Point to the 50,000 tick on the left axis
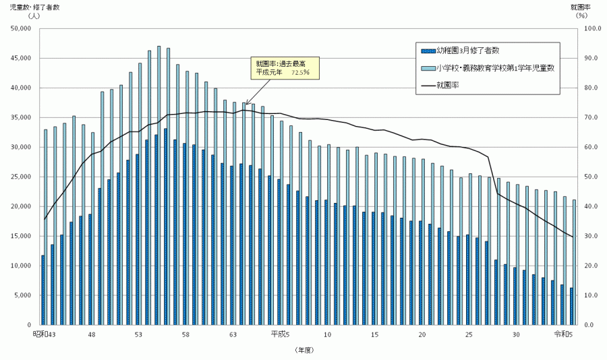click(21, 28)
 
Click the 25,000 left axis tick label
click(21, 177)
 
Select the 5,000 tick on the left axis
click(23, 295)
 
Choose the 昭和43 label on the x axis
click(45, 334)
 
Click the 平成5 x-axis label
click(280, 334)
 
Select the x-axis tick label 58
click(185, 334)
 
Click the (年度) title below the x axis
click(304, 350)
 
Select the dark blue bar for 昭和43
click(42, 290)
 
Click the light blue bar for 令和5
click(575, 263)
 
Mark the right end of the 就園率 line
click(573, 237)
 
